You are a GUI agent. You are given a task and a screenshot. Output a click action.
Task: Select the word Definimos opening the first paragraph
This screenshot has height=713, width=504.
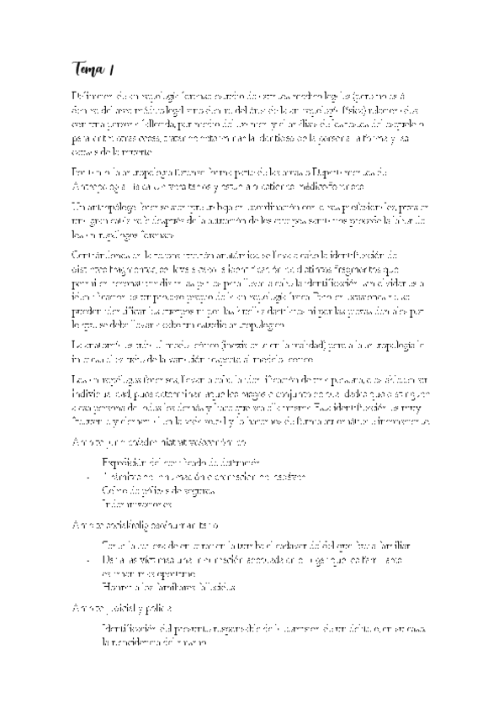pyautogui.click(x=93, y=99)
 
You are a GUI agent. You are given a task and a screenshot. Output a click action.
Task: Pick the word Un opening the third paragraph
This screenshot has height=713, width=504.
pyautogui.click(x=77, y=205)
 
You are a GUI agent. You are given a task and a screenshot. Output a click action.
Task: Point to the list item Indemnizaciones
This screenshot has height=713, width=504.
pyautogui.click(x=136, y=504)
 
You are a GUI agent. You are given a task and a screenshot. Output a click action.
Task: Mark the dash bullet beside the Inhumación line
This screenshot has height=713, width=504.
pyautogui.click(x=90, y=477)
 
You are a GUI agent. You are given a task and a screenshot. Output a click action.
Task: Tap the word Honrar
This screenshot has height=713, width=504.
pyautogui.click(x=116, y=585)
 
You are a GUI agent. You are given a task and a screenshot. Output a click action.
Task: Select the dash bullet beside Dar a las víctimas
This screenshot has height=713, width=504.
pyautogui.click(x=90, y=558)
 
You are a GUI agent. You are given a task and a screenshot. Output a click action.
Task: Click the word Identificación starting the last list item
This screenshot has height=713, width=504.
pyautogui.click(x=131, y=628)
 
